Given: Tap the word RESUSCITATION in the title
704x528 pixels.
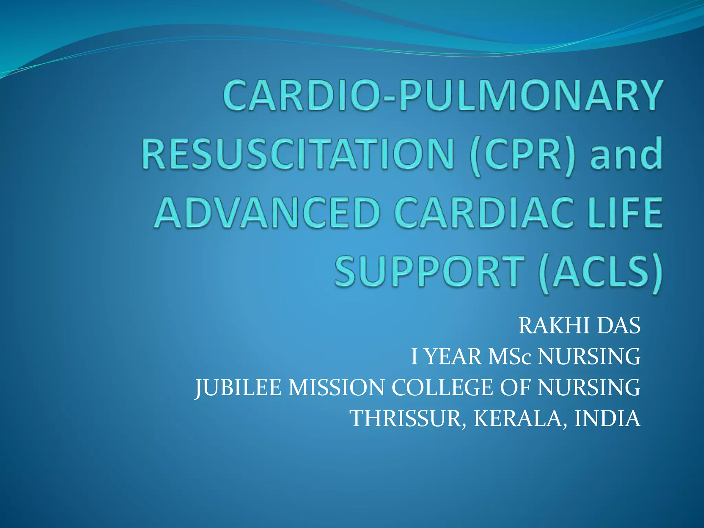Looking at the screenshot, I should [x=298, y=153].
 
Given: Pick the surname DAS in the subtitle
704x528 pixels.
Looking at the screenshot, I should [x=619, y=326].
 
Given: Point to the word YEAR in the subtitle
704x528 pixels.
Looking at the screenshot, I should [x=453, y=356].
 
